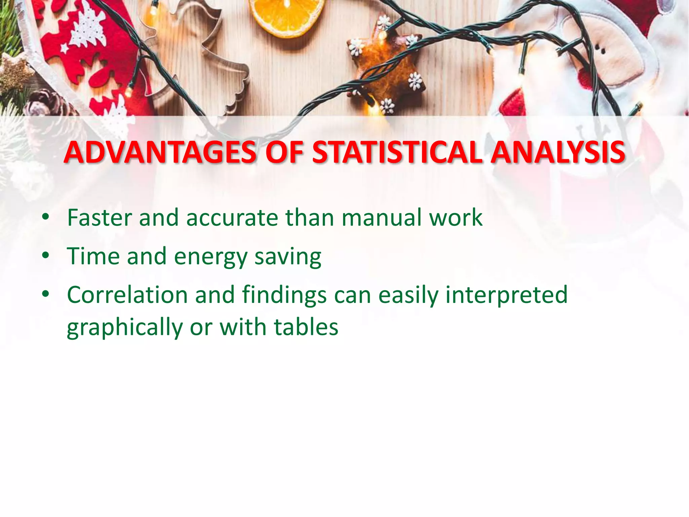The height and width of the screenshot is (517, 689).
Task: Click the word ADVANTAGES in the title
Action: [160, 152]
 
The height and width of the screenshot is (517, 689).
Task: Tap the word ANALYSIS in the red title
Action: [558, 152]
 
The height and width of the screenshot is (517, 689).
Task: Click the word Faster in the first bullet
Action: [99, 218]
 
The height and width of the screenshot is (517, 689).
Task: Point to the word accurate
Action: [232, 218]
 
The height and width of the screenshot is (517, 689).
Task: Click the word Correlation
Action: [127, 295]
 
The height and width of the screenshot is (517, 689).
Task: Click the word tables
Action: [306, 327]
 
